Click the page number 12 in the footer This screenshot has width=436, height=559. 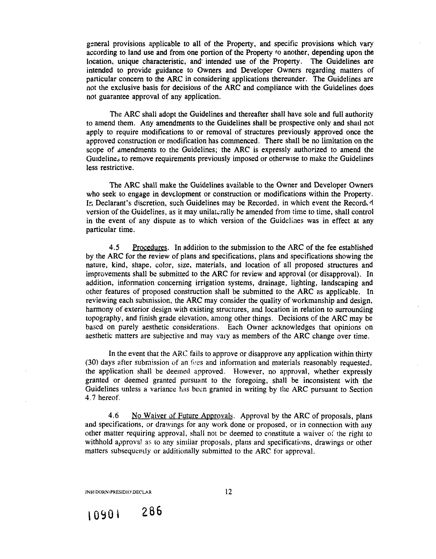(228, 492)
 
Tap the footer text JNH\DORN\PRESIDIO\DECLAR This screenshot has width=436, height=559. (118, 492)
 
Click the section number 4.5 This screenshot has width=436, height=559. (114, 247)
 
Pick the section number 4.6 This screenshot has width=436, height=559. (114, 416)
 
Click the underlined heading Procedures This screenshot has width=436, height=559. (150, 248)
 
